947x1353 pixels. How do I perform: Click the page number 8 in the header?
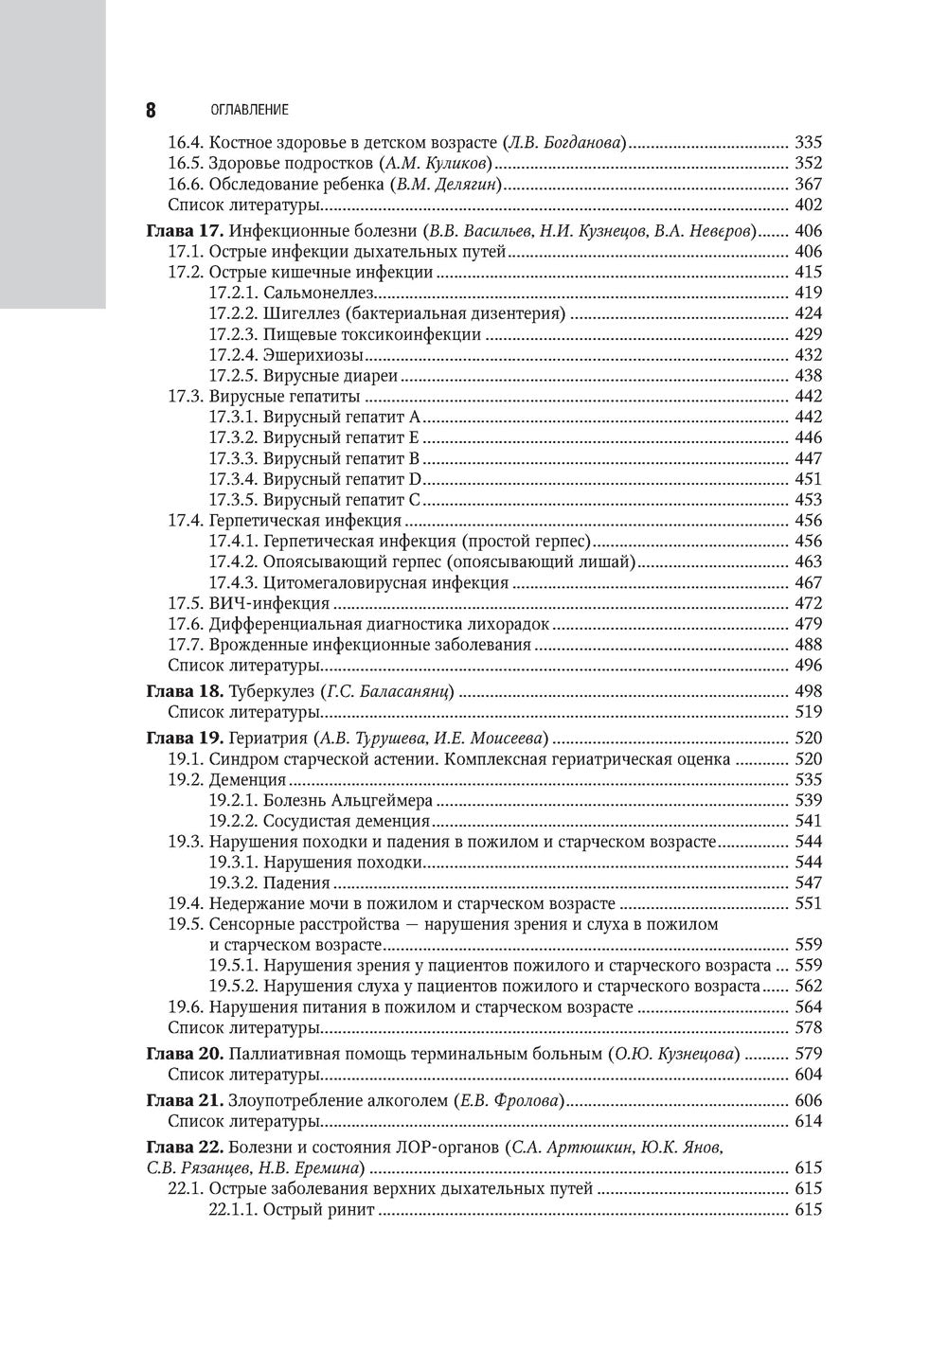[151, 109]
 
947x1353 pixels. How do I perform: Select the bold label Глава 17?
[184, 231]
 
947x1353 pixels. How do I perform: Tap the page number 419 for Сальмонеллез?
[808, 293]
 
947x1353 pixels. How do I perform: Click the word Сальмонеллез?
[313, 293]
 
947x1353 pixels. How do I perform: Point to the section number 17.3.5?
[233, 500]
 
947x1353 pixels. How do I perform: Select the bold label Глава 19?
[184, 739]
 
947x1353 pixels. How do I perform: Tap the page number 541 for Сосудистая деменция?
[808, 821]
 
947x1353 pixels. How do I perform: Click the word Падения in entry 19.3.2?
[296, 882]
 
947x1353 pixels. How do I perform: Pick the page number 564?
[808, 1006]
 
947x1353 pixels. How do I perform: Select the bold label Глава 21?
[184, 1100]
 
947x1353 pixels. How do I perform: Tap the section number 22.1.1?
[233, 1210]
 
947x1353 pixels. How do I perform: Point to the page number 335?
[808, 143]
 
